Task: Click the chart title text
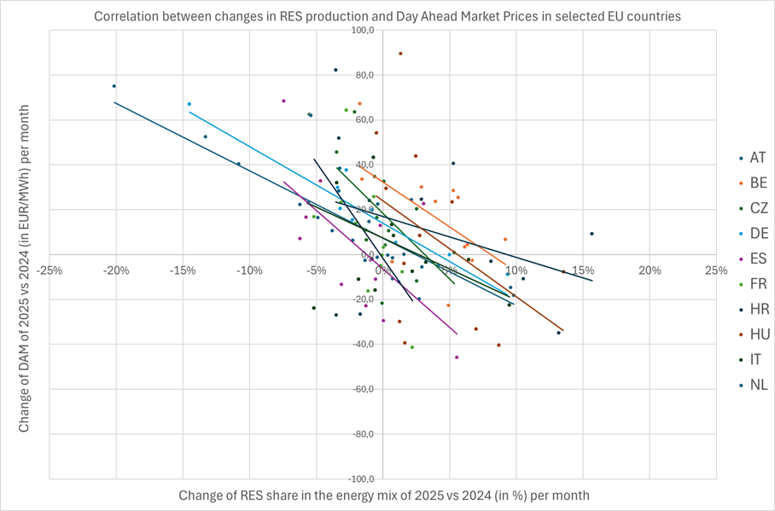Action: click(387, 15)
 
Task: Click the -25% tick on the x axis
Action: click(50, 271)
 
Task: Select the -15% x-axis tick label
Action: click(184, 271)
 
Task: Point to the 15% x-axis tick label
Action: click(583, 271)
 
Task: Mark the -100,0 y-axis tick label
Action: click(360, 479)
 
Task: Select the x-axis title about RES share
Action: click(384, 495)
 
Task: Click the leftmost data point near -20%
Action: click(114, 86)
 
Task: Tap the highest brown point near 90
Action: click(400, 54)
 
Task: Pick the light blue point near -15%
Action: click(189, 104)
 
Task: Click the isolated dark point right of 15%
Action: click(591, 234)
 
